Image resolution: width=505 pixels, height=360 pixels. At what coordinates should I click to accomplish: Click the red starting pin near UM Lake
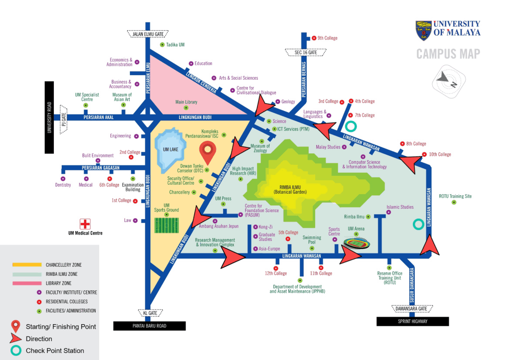tap(208, 151)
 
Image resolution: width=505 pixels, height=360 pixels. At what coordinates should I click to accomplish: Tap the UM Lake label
tap(168, 148)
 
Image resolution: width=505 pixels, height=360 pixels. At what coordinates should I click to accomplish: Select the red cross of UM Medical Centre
tap(85, 224)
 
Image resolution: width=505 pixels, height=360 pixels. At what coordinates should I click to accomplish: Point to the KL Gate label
tap(145, 313)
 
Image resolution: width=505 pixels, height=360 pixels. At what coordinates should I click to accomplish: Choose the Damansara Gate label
tap(411, 309)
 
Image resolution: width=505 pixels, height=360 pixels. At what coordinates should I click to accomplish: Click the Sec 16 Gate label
tap(305, 52)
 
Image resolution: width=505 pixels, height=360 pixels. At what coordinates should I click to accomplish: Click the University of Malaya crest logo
tap(423, 30)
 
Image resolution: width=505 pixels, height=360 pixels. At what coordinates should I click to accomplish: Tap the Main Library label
tap(186, 102)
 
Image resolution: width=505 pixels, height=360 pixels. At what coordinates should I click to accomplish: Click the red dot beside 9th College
tap(314, 38)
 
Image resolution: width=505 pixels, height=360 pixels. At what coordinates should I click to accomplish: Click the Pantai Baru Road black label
tap(149, 326)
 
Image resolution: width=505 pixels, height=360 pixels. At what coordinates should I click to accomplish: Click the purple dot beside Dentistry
tap(63, 178)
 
